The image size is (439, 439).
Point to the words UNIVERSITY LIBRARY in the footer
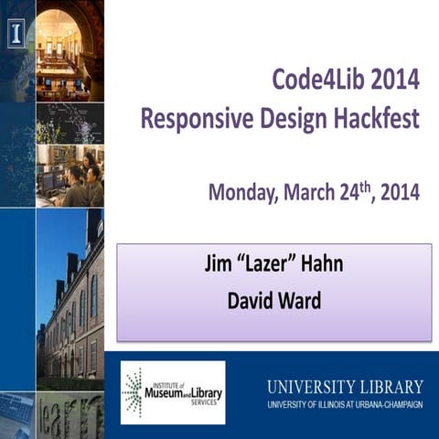(345, 385)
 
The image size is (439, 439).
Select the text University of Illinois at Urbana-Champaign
(345, 404)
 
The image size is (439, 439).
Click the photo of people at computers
(70, 174)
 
